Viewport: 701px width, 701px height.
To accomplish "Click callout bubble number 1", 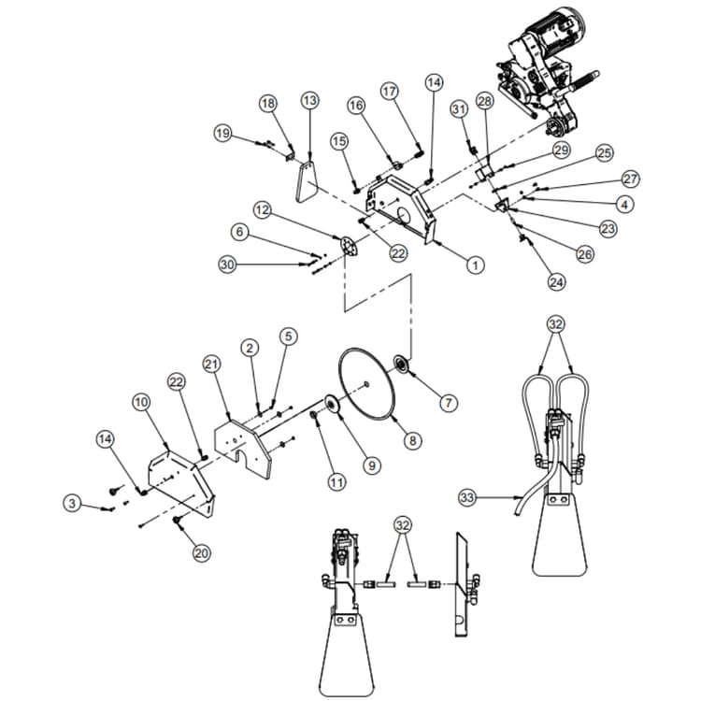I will coord(476,265).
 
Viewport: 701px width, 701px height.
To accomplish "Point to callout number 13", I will coord(309,100).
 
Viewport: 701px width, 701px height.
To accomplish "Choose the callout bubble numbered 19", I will coord(222,134).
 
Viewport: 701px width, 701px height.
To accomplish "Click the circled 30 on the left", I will coord(227,265).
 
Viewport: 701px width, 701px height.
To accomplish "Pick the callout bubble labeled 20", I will coord(201,552).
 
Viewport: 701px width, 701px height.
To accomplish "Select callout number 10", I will coord(140,403).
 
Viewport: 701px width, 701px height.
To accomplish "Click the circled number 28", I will coord(484,100).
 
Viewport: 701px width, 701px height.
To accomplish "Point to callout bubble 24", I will coord(557,279).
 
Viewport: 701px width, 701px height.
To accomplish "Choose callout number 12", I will coord(263,212).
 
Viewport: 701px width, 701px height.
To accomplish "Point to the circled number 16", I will coord(357,106).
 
